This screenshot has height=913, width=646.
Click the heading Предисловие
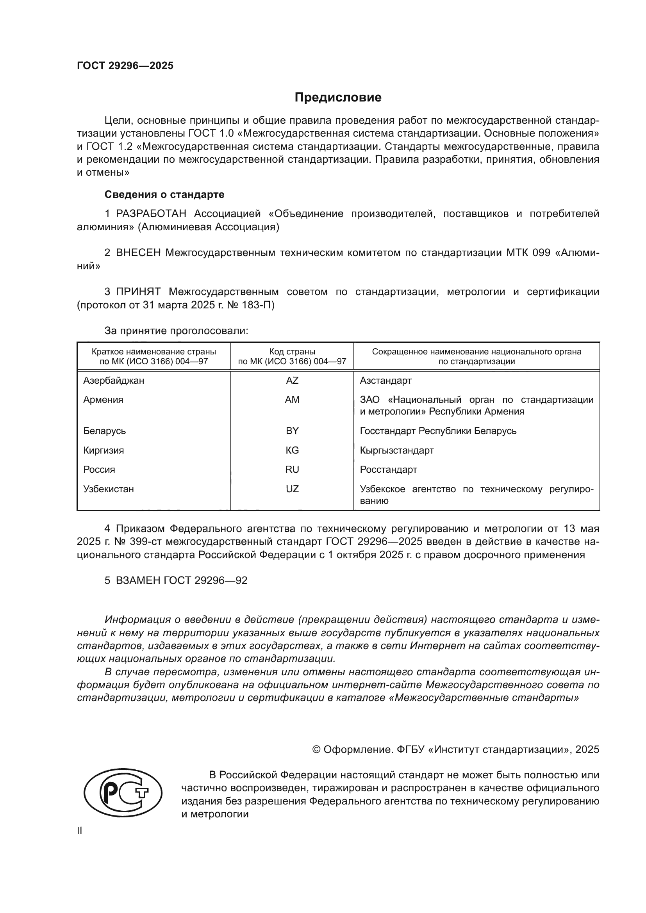tap(338, 98)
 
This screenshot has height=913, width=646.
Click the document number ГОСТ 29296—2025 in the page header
tap(125, 66)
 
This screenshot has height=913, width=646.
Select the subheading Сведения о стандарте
tap(164, 194)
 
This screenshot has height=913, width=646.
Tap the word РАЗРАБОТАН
tap(151, 214)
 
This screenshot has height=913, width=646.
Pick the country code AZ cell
tap(292, 381)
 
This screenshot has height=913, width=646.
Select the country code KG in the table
tap(292, 450)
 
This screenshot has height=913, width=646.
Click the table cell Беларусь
tap(105, 431)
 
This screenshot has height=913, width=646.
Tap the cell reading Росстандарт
tap(388, 469)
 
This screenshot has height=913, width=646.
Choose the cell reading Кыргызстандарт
tap(396, 450)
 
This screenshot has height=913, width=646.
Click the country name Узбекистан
tap(109, 489)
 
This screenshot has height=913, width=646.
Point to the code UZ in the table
tap(292, 489)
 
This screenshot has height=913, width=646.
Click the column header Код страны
tap(292, 352)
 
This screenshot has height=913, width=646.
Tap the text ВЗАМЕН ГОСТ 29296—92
tap(181, 580)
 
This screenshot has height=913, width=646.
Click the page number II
tap(80, 830)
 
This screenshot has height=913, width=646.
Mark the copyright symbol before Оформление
tap(316, 749)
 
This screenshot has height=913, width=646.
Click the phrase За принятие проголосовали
tap(176, 331)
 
